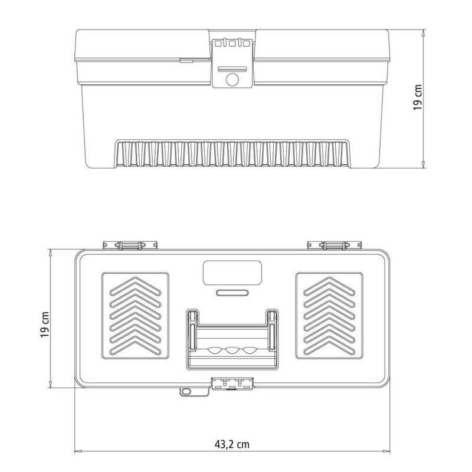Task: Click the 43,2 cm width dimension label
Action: coord(232,444)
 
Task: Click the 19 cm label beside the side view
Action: coord(418,97)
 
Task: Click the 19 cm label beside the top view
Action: coord(45,324)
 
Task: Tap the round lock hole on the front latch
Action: coord(232,80)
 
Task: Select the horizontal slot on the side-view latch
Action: coord(232,69)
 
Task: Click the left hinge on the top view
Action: coord(130,245)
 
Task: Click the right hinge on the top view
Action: coord(334,245)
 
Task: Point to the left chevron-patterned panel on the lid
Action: coord(135,316)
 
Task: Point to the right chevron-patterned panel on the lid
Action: coord(329,316)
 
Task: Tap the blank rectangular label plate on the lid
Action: coord(232,273)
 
